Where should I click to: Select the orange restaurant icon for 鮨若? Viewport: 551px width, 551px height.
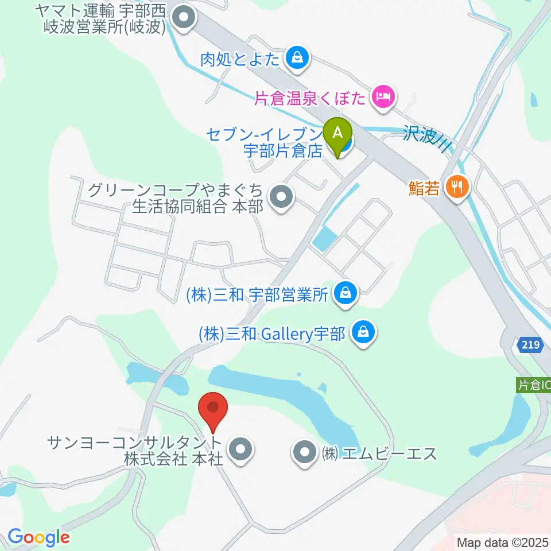(x=457, y=187)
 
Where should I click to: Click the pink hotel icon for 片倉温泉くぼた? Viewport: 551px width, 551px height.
(x=383, y=96)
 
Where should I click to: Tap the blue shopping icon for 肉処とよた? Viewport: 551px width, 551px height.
(x=297, y=58)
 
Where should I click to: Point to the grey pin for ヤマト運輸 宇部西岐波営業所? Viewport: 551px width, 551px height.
(x=184, y=18)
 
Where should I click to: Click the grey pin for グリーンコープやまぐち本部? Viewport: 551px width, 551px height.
(x=281, y=197)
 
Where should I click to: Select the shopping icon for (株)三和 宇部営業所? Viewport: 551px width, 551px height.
(x=346, y=294)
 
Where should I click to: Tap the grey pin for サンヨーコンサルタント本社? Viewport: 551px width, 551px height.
(x=240, y=450)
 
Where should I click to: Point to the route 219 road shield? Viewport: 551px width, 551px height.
(x=530, y=345)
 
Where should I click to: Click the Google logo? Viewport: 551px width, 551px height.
(x=38, y=537)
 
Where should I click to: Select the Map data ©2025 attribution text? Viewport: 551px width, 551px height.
(x=503, y=542)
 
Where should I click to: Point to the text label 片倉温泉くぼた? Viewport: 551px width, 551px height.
(x=310, y=98)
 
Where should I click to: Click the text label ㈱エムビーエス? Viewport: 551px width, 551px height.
(x=379, y=453)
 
